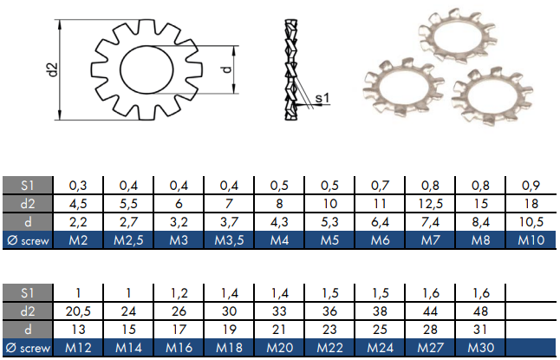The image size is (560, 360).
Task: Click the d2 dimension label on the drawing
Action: pos(51,69)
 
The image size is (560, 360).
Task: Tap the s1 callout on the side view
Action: pos(321,100)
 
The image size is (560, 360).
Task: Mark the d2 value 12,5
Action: pos(429,204)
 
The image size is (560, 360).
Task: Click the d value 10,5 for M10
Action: pos(530,223)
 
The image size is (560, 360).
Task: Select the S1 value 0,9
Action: pos(530,186)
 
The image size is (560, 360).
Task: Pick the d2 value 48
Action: pos(481,311)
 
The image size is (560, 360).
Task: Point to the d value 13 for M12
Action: pos(78,330)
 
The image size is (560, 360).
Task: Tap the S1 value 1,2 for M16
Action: pos(179,292)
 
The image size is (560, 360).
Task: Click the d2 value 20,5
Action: pos(78,311)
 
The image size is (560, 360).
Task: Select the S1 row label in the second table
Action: pos(27,292)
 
